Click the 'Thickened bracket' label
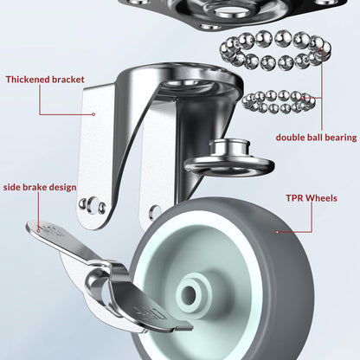point(45,80)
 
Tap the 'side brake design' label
point(39,187)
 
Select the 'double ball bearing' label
point(315,137)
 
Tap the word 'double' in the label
point(292,137)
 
